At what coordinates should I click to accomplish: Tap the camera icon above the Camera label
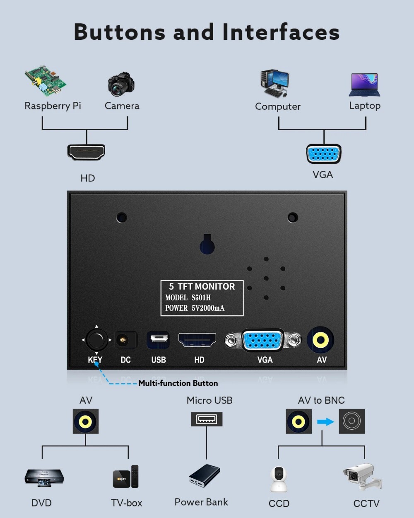[121, 84]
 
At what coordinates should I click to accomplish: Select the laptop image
[364, 85]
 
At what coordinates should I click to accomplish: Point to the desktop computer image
[274, 83]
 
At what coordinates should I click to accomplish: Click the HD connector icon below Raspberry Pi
[86, 152]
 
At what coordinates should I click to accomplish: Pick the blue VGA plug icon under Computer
[324, 154]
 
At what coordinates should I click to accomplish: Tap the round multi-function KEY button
[96, 340]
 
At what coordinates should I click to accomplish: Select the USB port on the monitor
[158, 340]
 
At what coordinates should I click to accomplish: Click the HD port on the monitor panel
[197, 340]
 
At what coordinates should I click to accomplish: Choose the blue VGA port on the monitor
[263, 341]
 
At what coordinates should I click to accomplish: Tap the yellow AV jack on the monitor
[320, 340]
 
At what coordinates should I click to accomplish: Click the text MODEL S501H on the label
[188, 298]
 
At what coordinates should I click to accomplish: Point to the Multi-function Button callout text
[178, 383]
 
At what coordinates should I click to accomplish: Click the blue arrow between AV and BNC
[325, 422]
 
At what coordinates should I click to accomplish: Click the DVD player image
[44, 477]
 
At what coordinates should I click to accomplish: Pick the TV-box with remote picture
[126, 477]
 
